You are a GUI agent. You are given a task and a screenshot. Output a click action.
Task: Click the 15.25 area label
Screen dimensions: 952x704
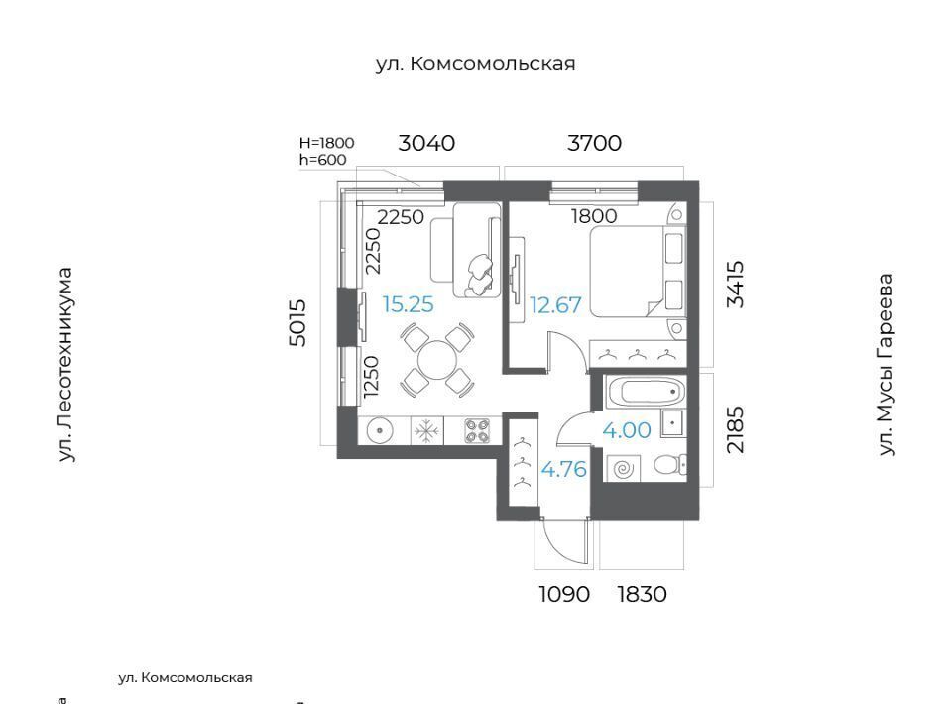click(408, 304)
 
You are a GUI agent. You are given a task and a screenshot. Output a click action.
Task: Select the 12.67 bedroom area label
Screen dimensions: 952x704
click(555, 304)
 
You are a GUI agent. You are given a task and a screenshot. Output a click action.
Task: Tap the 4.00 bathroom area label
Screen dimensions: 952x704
click(627, 430)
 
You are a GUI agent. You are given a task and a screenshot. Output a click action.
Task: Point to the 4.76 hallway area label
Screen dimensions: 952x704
click(564, 469)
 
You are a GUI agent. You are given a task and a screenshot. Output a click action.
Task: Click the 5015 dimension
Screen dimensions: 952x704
click(297, 323)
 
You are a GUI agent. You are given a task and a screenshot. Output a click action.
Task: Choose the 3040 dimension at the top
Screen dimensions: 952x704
click(426, 143)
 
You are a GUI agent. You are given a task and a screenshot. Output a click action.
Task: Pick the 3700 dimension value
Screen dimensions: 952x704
click(594, 143)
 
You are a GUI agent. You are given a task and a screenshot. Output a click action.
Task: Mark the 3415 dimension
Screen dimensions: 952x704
click(735, 284)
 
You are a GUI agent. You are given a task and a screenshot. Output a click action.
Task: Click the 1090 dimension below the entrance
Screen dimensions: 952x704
click(564, 594)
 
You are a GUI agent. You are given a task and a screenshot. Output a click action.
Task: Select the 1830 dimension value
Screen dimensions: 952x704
click(642, 594)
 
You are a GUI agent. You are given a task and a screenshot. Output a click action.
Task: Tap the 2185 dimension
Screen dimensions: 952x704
click(735, 429)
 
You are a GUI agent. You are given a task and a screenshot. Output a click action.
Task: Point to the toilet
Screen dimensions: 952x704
click(670, 465)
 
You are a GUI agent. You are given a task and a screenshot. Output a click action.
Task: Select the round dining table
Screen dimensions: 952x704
click(437, 359)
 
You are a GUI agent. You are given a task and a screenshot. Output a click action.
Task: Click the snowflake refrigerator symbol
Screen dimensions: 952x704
click(426, 432)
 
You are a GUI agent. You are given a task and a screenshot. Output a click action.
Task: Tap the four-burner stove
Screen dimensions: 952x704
click(477, 431)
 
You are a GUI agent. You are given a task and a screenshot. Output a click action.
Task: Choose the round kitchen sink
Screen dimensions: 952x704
click(380, 431)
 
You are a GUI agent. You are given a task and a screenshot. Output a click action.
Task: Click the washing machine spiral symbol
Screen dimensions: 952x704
click(624, 469)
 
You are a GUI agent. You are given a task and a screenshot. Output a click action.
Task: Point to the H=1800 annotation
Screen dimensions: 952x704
click(326, 143)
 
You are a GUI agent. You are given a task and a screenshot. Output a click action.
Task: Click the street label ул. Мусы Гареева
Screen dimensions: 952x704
click(886, 364)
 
